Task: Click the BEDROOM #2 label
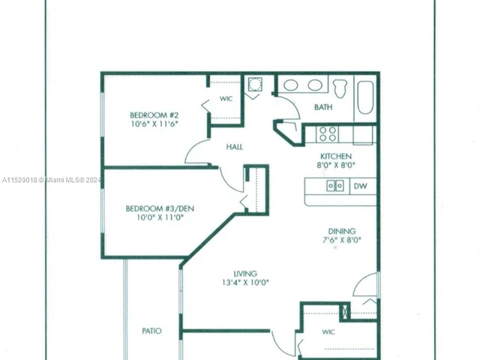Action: click(153, 115)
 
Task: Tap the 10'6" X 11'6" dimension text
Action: click(153, 124)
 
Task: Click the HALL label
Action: click(234, 147)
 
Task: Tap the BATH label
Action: click(323, 107)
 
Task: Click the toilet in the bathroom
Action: click(339, 87)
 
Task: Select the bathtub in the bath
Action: click(364, 95)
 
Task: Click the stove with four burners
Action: click(327, 133)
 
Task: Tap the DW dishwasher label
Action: click(360, 186)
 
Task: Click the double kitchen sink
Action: click(334, 186)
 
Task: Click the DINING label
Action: click(340, 231)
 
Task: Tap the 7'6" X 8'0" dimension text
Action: click(340, 241)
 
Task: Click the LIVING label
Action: click(245, 273)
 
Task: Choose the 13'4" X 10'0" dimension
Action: click(245, 283)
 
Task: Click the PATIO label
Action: click(151, 331)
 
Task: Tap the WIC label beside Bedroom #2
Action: click(226, 99)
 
